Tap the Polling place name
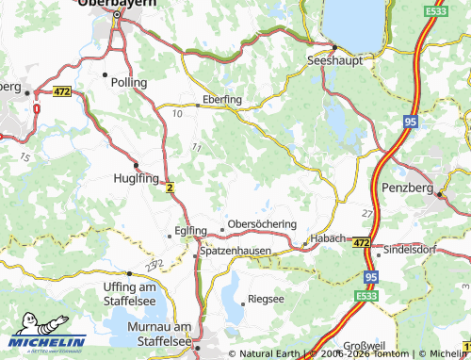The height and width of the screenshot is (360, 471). [x=129, y=83]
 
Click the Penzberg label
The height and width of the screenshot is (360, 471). [x=407, y=189]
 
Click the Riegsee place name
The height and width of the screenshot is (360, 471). [x=263, y=300]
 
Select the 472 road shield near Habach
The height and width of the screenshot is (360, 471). [x=361, y=244]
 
